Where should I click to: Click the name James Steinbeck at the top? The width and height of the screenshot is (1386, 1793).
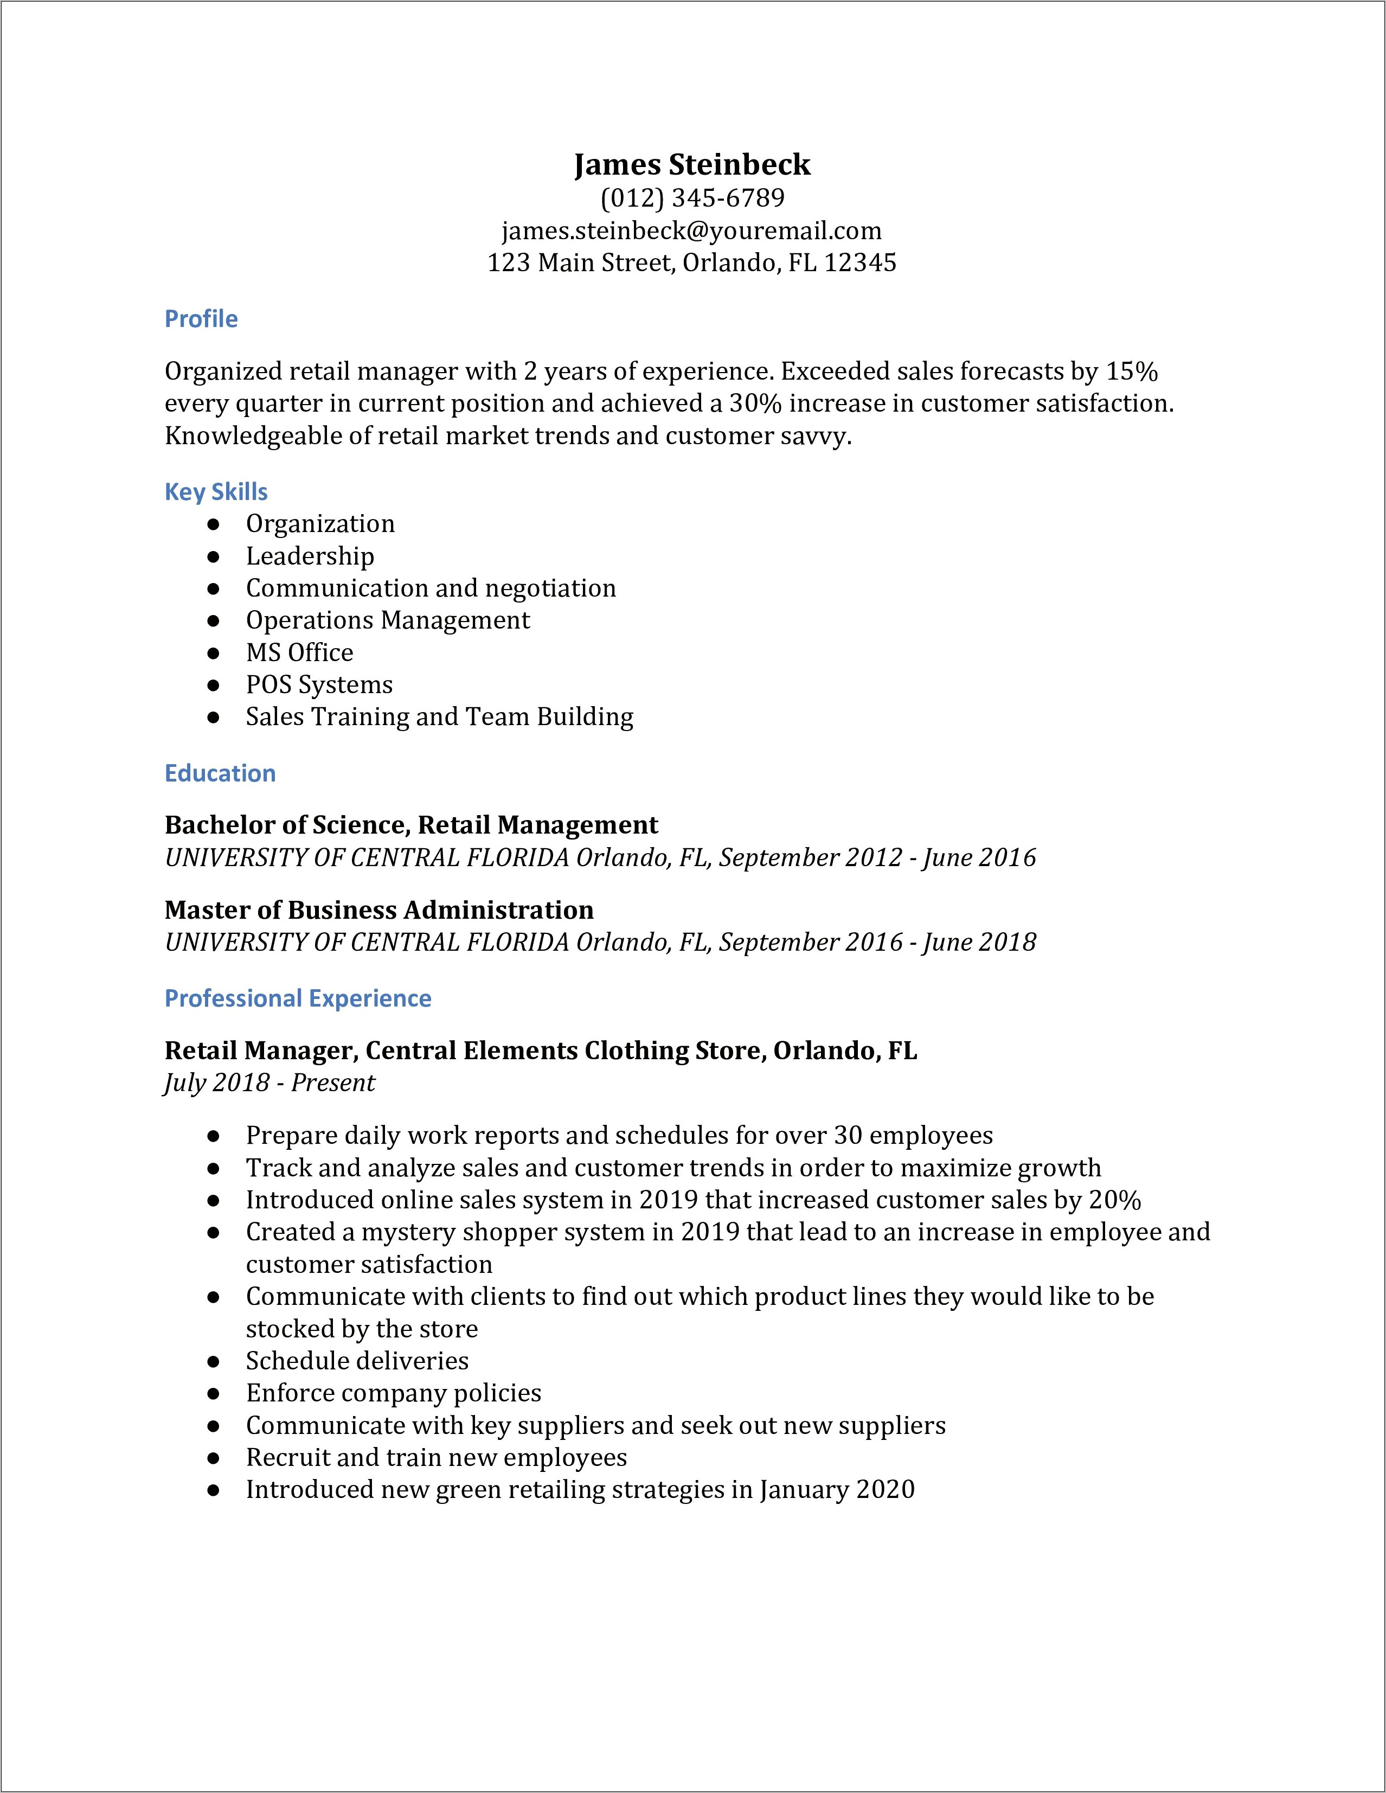click(692, 164)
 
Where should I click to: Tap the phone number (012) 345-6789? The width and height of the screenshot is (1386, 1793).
click(692, 198)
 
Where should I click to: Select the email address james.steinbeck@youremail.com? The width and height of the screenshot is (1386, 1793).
click(692, 230)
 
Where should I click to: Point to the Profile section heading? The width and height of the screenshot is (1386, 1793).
click(201, 318)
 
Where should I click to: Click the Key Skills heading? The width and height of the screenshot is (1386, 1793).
click(216, 492)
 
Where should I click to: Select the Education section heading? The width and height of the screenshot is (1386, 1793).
click(220, 773)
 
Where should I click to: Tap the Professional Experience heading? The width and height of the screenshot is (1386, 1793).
click(298, 998)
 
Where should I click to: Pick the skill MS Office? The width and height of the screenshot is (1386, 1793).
click(299, 652)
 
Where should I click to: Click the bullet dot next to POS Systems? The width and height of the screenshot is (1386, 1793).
click(213, 684)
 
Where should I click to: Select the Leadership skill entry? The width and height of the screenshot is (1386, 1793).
click(310, 556)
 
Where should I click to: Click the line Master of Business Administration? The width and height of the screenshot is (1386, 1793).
click(378, 910)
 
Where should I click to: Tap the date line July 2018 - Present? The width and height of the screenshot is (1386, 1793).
click(269, 1083)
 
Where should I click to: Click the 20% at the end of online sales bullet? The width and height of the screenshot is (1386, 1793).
click(1114, 1200)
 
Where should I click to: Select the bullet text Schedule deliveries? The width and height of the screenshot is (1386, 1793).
click(357, 1360)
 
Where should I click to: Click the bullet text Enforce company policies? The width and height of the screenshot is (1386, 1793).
click(393, 1393)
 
